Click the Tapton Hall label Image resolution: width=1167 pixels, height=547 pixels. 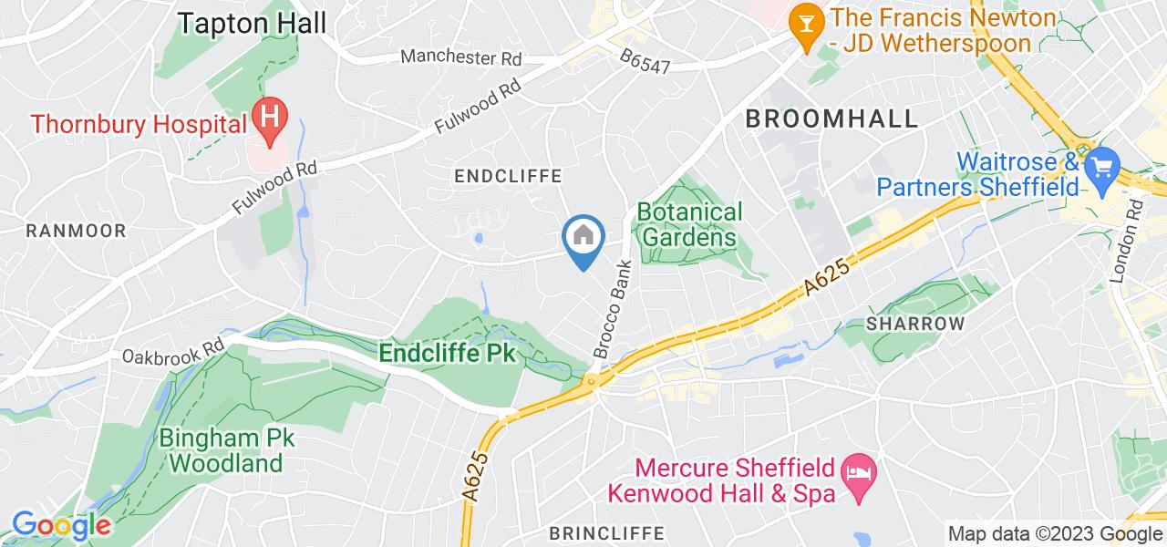(252, 24)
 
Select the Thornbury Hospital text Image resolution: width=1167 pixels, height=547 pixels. (139, 121)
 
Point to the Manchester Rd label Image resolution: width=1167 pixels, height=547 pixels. (462, 58)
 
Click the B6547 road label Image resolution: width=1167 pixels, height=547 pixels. (645, 67)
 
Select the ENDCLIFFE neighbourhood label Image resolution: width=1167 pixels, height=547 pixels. (509, 175)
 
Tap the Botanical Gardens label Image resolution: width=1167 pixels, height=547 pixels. (688, 224)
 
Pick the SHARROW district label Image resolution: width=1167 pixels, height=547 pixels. (915, 325)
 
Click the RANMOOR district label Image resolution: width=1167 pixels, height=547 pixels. (76, 231)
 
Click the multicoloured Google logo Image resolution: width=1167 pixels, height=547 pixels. (61, 525)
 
